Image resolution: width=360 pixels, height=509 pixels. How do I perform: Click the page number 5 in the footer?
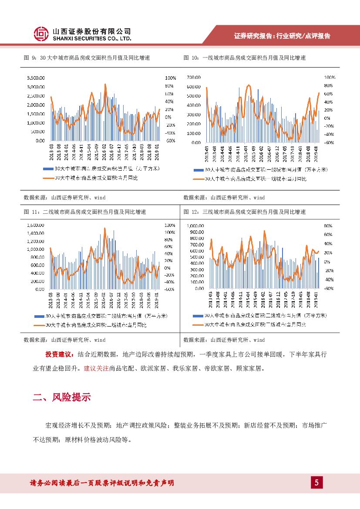click(316, 482)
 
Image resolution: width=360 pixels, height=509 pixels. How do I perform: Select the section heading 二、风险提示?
click(62, 397)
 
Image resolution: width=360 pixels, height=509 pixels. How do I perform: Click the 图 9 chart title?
click(87, 58)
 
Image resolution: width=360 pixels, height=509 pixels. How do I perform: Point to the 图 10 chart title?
click(245, 58)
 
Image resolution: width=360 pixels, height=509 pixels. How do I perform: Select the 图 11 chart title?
click(84, 212)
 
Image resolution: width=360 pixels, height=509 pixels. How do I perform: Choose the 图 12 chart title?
click(245, 212)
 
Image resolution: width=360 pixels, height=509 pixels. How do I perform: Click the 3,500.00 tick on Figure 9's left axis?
click(36, 78)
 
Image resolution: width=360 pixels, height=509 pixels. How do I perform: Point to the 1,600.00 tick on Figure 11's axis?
click(36, 225)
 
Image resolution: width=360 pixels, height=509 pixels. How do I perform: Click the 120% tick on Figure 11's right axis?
click(169, 226)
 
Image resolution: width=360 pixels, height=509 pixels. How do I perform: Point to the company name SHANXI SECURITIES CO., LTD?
click(91, 39)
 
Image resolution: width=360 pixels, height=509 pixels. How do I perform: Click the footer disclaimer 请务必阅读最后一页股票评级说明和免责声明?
click(102, 483)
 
